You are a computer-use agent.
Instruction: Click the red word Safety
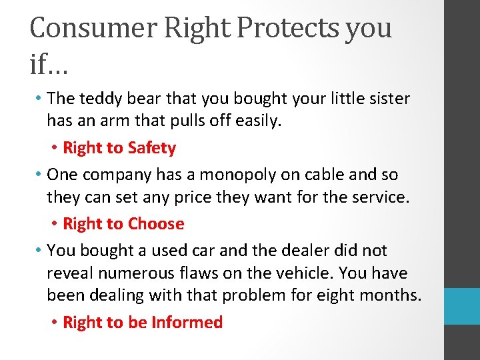click(151, 148)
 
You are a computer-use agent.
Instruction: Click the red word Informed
click(187, 323)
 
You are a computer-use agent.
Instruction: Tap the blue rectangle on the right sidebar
click(462, 306)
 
